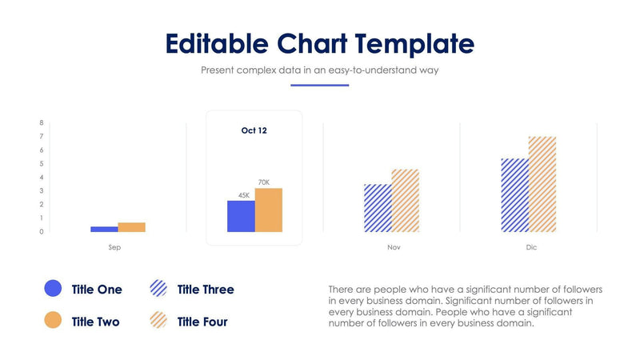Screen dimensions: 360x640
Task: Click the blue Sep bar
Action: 104,229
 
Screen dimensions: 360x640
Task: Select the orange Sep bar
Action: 131,227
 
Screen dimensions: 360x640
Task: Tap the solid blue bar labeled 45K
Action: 241,216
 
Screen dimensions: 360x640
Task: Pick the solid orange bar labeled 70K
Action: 268,210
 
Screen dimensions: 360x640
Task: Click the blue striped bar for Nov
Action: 378,208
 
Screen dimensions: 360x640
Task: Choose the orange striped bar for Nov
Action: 405,201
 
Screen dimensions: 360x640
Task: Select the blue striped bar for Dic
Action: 514,195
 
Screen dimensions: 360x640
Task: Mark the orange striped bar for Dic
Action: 542,184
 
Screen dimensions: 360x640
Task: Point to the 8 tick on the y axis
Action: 41,122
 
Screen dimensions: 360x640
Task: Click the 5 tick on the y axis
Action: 41,163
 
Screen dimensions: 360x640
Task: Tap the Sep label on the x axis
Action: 114,247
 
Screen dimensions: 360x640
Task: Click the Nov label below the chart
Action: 394,247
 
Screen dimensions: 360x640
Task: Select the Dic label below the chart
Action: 531,247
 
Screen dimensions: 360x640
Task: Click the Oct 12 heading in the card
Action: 254,130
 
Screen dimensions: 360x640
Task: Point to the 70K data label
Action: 264,182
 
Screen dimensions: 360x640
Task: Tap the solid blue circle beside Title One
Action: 53,289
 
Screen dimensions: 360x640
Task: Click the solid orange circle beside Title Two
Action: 53,321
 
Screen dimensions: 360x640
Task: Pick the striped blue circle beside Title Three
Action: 158,289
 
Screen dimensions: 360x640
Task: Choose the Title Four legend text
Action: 202,322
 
